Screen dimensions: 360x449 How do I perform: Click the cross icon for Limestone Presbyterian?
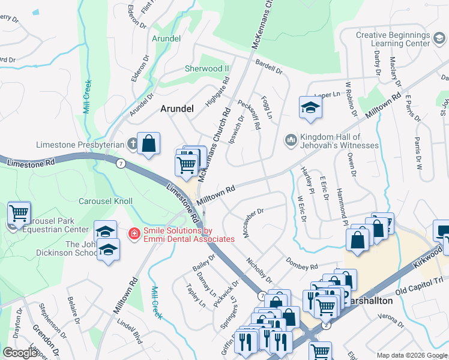click(133, 144)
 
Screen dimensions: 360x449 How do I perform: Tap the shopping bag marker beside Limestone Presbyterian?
click(148, 144)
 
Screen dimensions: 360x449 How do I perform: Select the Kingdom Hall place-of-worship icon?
click(291, 139)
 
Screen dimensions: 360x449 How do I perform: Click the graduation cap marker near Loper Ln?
click(310, 107)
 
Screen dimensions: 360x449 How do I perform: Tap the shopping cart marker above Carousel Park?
click(19, 212)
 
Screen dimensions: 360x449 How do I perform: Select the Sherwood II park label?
click(204, 68)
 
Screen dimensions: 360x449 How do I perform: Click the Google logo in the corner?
click(20, 353)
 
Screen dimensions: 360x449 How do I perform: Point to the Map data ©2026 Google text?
click(411, 355)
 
